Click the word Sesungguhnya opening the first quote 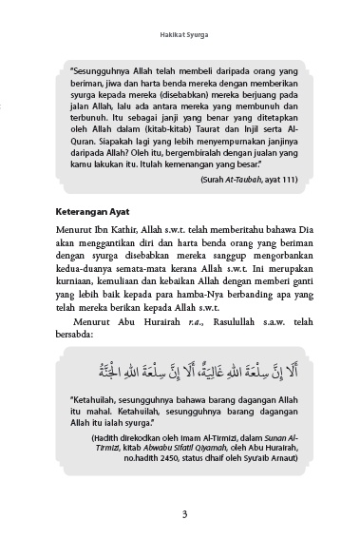click(x=104, y=69)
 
